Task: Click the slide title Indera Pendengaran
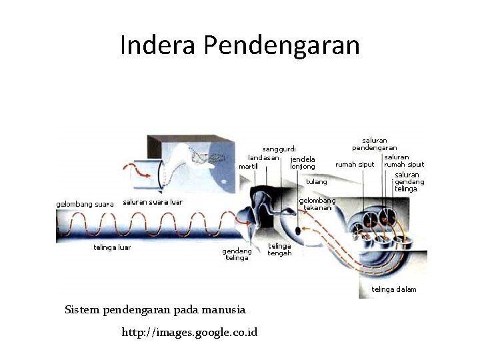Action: [x=240, y=45]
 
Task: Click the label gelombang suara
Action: [x=85, y=204]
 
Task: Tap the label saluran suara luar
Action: [x=153, y=202]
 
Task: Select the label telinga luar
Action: [x=112, y=247]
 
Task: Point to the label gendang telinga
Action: [x=237, y=254]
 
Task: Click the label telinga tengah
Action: [x=279, y=249]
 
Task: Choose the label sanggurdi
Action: [x=279, y=149]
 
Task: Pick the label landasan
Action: [x=263, y=157]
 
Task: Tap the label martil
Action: [x=248, y=166]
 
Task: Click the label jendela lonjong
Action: [x=303, y=163]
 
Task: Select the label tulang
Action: [x=317, y=181]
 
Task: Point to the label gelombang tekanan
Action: [x=317, y=203]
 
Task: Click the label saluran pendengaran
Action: [x=375, y=144]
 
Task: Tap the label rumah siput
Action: [x=355, y=164]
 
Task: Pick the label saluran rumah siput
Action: [x=404, y=161]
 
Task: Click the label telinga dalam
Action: [x=393, y=289]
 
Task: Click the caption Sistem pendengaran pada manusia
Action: [x=155, y=309]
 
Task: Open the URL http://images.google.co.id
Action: [x=189, y=332]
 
